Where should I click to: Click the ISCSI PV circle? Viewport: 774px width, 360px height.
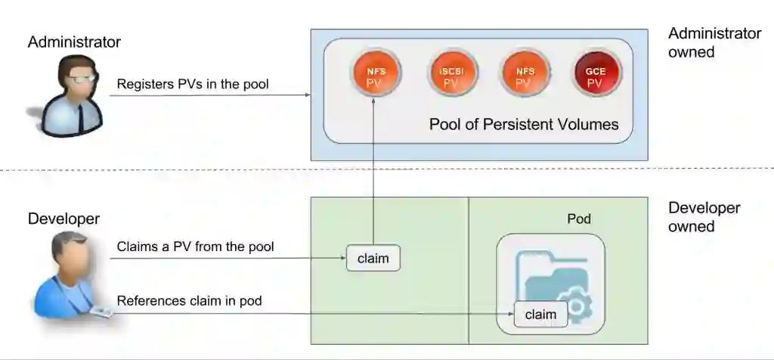451,74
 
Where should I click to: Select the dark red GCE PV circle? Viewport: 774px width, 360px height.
594,74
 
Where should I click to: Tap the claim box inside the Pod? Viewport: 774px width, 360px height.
540,314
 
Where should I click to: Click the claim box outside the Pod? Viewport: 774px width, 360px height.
373,259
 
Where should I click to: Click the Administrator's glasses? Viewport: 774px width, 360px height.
82,78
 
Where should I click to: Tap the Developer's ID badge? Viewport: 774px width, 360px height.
101,312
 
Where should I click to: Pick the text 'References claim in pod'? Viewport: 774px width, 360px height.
189,301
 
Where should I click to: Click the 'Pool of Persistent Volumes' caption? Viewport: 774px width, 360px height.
524,124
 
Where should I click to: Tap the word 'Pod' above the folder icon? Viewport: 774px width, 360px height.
579,219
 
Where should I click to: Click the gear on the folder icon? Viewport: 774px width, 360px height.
577,309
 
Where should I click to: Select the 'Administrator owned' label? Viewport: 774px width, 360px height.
714,43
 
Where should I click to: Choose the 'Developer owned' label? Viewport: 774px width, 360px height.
704,217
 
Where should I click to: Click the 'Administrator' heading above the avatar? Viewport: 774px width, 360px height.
74,42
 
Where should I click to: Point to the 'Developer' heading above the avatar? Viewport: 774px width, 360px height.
63,219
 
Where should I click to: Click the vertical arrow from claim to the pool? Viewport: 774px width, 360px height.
373,174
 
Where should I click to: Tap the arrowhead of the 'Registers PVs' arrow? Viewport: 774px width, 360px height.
308,95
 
